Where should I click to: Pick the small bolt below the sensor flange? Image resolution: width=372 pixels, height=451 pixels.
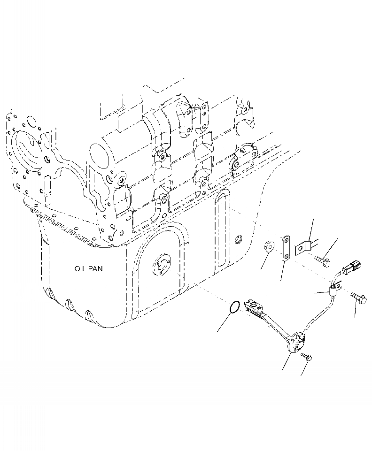pyautogui.click(x=307, y=358)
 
